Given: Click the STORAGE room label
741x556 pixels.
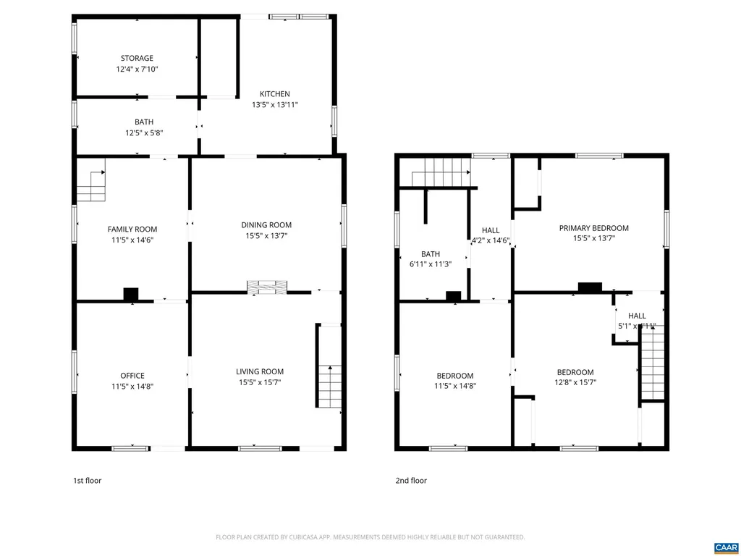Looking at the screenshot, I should (x=137, y=58).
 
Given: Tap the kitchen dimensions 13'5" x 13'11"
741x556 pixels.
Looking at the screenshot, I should (x=275, y=105).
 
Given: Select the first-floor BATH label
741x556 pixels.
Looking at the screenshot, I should (x=143, y=122).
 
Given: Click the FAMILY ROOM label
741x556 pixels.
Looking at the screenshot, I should (x=132, y=229).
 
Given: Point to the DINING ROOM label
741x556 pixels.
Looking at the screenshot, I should (x=266, y=225).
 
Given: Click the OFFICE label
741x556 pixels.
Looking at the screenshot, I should (x=132, y=376).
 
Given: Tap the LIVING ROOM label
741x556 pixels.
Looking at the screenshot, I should (x=260, y=371).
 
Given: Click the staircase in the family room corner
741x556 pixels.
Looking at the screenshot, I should (x=92, y=185).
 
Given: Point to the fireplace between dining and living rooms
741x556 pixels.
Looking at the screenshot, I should (x=267, y=287).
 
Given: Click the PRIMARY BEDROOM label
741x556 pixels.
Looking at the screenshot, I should (x=593, y=228).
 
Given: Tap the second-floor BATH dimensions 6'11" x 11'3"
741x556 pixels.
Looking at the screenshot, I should (x=431, y=264).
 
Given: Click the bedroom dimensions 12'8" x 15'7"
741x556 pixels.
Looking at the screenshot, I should (x=575, y=382).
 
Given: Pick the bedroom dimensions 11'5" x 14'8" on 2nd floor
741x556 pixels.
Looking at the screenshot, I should (x=455, y=386).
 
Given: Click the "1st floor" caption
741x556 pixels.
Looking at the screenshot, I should (x=87, y=480).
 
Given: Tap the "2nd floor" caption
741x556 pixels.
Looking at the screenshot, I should (x=411, y=480).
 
